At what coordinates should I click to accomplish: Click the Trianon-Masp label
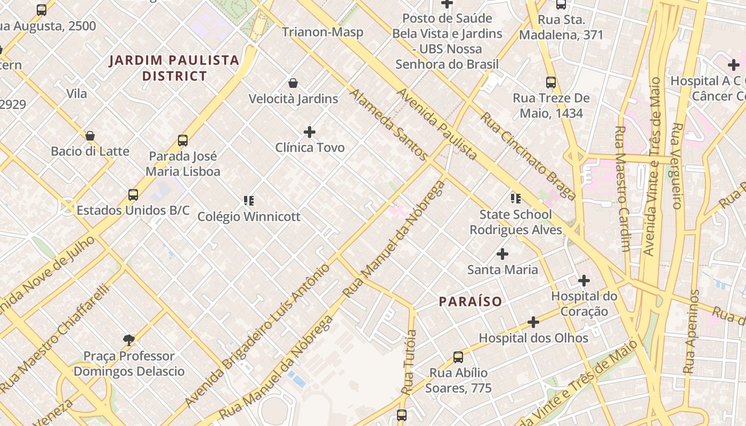(x=322, y=32)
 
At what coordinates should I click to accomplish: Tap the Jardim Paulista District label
(x=174, y=68)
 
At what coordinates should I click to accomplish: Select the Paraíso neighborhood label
(x=471, y=301)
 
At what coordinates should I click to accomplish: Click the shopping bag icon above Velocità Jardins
(x=293, y=83)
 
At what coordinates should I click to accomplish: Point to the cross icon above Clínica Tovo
(x=310, y=132)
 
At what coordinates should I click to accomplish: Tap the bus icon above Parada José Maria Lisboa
(x=183, y=141)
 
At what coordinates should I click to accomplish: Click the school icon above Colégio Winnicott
(x=249, y=201)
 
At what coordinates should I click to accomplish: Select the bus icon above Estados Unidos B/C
(x=133, y=195)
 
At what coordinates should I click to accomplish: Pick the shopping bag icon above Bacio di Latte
(x=90, y=136)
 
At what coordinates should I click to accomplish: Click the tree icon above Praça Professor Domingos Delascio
(x=128, y=340)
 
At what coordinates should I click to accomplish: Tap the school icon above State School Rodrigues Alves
(x=515, y=199)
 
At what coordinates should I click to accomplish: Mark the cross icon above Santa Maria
(x=502, y=253)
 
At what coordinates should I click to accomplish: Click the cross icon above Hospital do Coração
(x=584, y=280)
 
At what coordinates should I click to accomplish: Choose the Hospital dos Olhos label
(x=533, y=338)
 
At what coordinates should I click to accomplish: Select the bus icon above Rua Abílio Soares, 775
(x=458, y=357)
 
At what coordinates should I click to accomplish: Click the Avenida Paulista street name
(x=437, y=124)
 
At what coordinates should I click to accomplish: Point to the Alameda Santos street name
(x=388, y=125)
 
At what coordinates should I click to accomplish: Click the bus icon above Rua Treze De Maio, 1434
(x=551, y=83)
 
